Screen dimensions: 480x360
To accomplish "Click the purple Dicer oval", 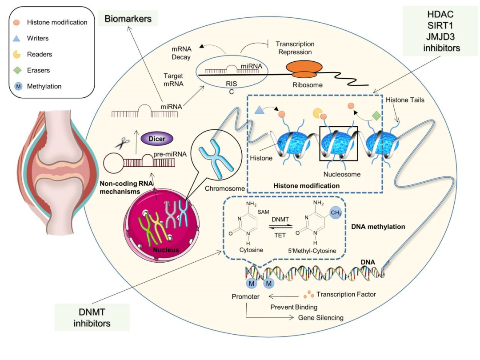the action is tap(157, 139).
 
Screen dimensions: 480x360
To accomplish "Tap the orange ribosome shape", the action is tap(304, 69).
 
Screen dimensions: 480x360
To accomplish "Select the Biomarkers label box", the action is tap(128, 18).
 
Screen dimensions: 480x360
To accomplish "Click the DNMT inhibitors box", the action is tap(92, 317).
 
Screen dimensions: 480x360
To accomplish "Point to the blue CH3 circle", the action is tap(336, 212).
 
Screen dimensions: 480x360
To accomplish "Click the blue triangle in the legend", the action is tap(16, 38).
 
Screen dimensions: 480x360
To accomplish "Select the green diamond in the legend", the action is tap(17, 70).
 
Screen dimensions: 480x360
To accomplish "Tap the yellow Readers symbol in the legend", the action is tap(16, 55).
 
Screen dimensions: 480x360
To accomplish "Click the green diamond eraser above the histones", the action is tap(376, 116).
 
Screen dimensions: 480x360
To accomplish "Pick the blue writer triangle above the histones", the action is tap(259, 110).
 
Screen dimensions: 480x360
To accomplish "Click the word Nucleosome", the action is tap(342, 174).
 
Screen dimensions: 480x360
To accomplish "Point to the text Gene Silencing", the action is tap(321, 318).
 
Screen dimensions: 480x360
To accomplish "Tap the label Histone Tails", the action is tap(405, 100).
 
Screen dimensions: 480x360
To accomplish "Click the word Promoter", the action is tap(245, 296).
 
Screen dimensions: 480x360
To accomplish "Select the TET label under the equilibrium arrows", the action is tap(280, 235).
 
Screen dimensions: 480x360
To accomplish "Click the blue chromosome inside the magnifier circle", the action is tap(216, 158).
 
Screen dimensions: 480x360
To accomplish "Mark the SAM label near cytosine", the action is tap(263, 212).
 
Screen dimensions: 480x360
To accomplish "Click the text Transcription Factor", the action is tap(346, 294).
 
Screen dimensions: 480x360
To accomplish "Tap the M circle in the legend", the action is tap(18, 86).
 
